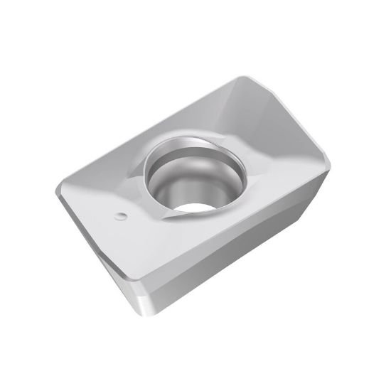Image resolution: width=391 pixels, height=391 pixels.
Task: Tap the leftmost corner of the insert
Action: tap(57, 191)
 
